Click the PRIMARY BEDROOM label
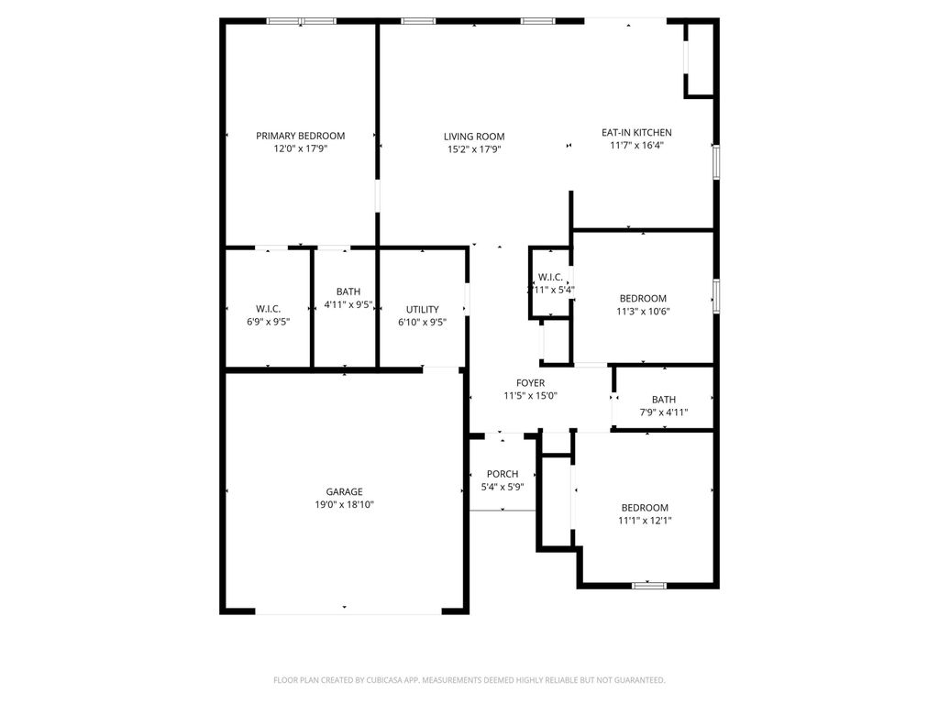300,136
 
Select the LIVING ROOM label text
474,137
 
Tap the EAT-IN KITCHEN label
636,132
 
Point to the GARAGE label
344,491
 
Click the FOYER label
530,383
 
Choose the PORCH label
503,474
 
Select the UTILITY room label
422,309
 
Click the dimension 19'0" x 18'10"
344,504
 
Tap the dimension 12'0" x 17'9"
300,148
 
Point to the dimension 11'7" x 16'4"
636,145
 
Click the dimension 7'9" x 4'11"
663,412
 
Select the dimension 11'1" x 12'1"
645,521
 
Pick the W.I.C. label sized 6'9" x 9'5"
268,309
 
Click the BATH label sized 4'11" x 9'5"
348,291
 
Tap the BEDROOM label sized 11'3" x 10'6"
643,298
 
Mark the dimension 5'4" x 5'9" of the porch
503,487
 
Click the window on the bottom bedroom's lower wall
648,584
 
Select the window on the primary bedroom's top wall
301,21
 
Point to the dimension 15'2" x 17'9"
474,149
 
